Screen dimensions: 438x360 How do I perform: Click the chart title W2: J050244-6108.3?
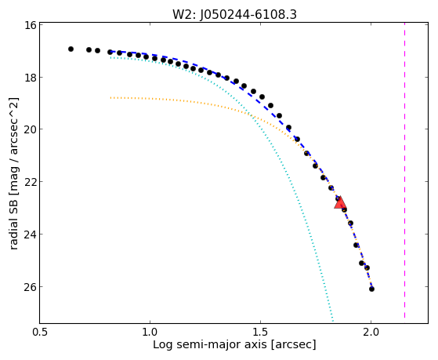(234, 14)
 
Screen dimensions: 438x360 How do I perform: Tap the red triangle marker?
(340, 203)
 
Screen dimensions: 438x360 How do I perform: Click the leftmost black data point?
(71, 49)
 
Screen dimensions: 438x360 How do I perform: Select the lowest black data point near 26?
(371, 289)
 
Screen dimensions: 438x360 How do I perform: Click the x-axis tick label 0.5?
(40, 333)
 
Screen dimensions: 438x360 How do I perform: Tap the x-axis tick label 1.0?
(150, 333)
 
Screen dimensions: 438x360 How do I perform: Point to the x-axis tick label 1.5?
(260, 333)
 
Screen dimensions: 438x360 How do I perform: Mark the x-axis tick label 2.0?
(371, 333)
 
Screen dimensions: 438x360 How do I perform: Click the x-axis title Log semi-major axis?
(210, 345)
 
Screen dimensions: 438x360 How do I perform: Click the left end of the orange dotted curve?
(111, 97)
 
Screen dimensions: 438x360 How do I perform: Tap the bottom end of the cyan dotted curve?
(333, 321)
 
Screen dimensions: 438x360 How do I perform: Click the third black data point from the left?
(97, 51)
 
